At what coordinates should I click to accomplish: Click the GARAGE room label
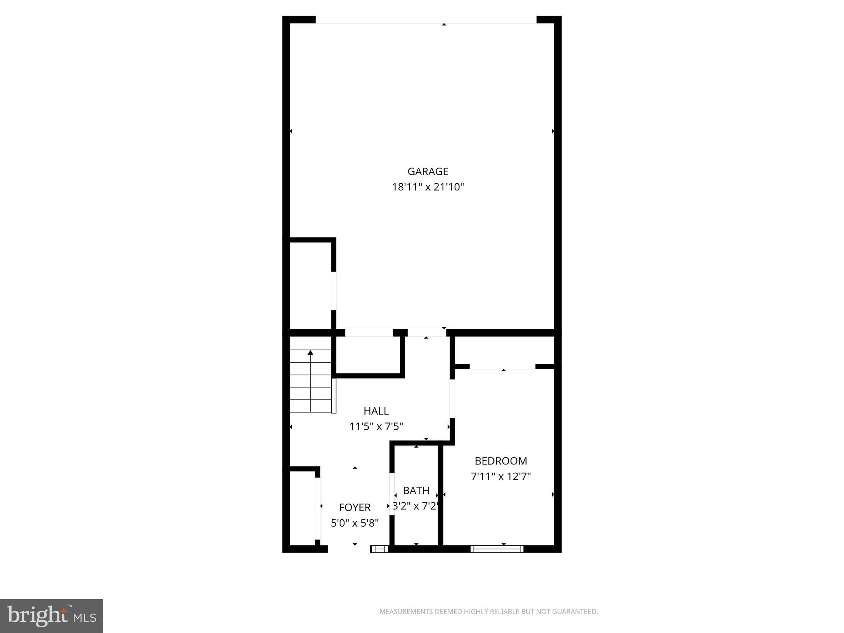click(x=428, y=171)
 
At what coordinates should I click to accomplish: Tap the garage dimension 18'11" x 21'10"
click(x=428, y=187)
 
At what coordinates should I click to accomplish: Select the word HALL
click(x=376, y=411)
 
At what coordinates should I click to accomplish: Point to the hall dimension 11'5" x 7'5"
click(x=376, y=427)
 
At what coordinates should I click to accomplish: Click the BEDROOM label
click(x=501, y=461)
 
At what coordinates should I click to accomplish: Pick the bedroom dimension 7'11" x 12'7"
click(x=501, y=476)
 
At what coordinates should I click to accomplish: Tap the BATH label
click(x=416, y=490)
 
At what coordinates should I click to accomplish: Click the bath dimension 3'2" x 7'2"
click(x=415, y=506)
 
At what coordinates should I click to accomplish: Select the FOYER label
click(x=354, y=507)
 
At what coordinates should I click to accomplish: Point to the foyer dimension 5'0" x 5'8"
click(x=354, y=523)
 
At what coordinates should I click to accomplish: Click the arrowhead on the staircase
click(x=310, y=353)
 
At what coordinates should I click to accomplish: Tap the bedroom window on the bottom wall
click(x=497, y=549)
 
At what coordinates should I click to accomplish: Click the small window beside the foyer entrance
click(x=380, y=549)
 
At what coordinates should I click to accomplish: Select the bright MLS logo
click(x=52, y=616)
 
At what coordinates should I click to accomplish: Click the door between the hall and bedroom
click(x=452, y=399)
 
